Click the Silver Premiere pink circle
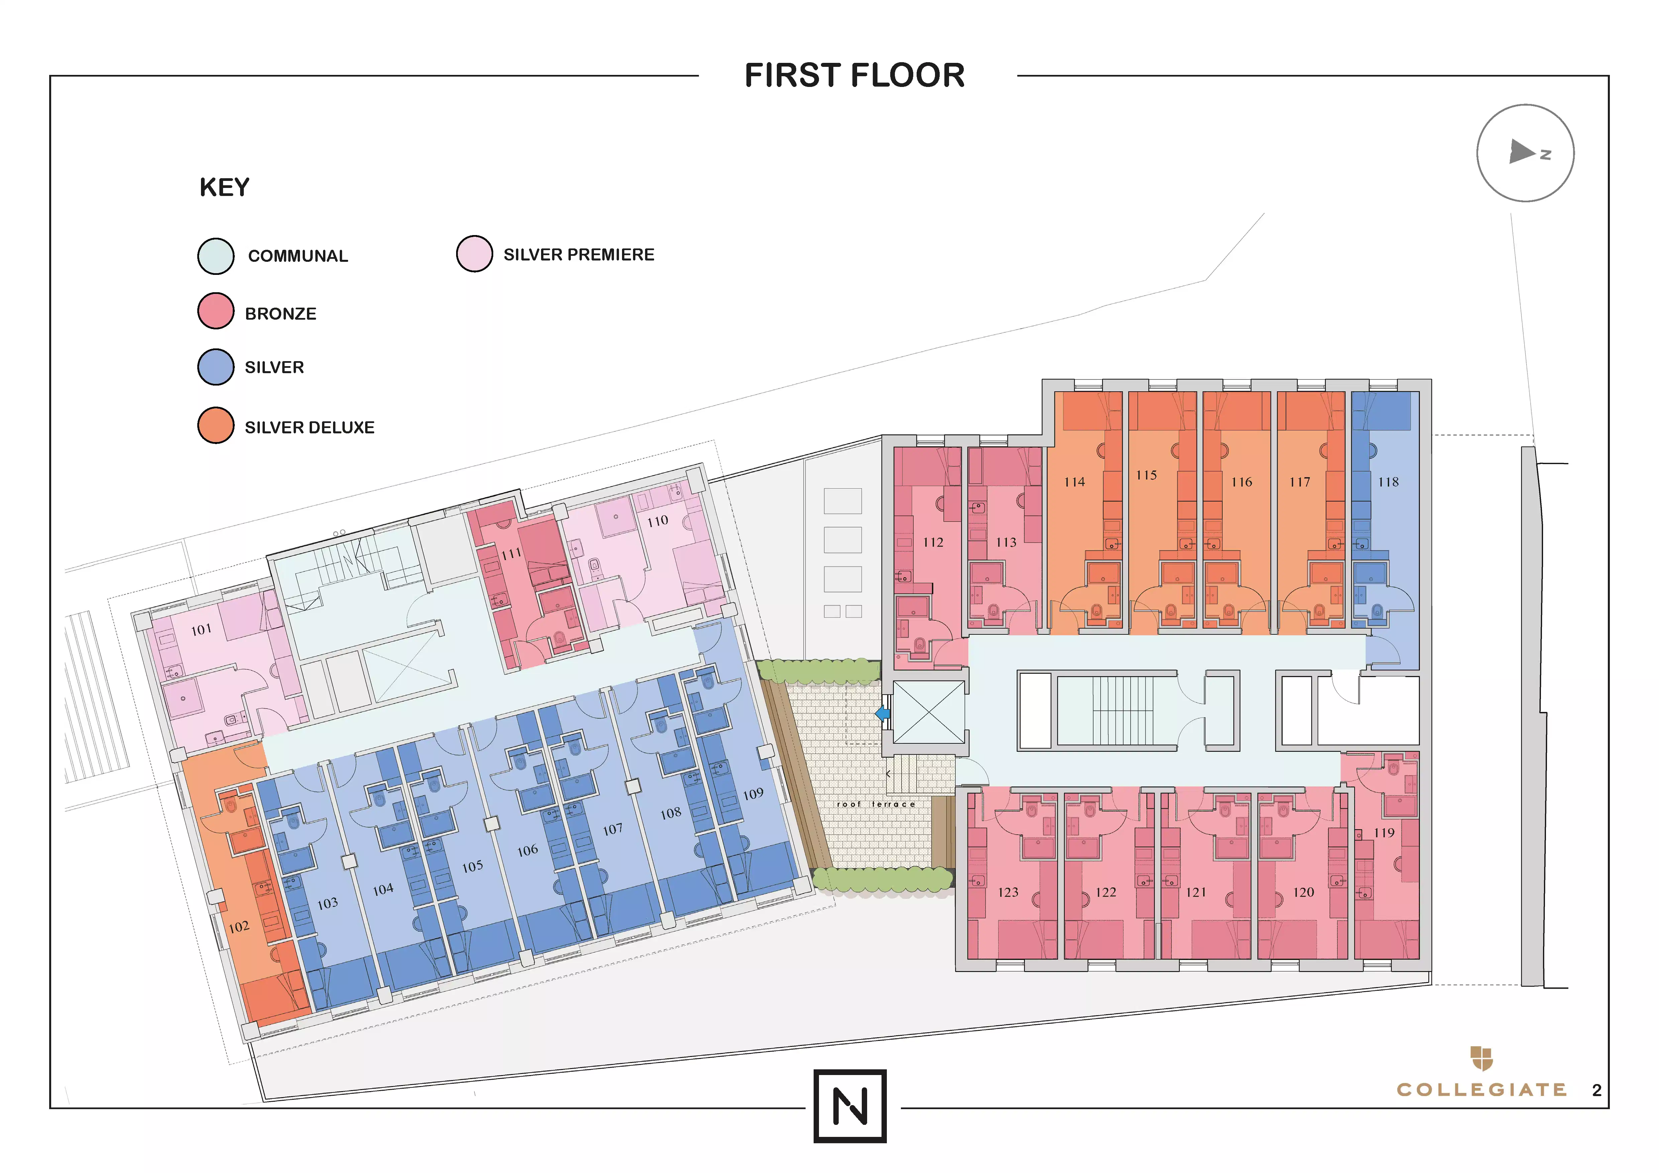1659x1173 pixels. coord(475,253)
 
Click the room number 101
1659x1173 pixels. coord(202,630)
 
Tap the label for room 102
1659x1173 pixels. coord(239,927)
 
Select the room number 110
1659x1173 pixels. coord(657,521)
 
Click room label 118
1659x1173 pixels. coord(1388,482)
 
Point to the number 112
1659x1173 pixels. coord(933,542)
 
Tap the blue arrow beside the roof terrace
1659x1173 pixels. coord(882,714)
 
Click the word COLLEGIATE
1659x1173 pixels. coord(1481,1089)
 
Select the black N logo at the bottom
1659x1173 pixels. coord(850,1106)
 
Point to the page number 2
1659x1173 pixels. coord(1597,1090)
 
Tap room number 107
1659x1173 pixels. coord(613,829)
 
